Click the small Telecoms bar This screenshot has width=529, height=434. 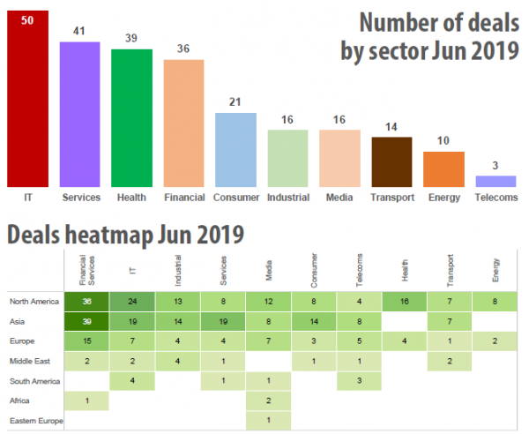click(x=495, y=181)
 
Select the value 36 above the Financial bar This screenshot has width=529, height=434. click(x=183, y=50)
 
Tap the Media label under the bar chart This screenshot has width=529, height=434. click(x=339, y=197)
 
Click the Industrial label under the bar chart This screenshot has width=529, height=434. click(x=287, y=197)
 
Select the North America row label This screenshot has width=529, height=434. click(x=34, y=302)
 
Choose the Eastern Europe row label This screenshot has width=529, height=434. click(x=36, y=422)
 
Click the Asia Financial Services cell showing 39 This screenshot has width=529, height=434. click(x=86, y=321)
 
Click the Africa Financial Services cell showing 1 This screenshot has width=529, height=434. click(x=86, y=401)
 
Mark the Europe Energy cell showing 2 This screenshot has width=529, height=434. click(x=495, y=341)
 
